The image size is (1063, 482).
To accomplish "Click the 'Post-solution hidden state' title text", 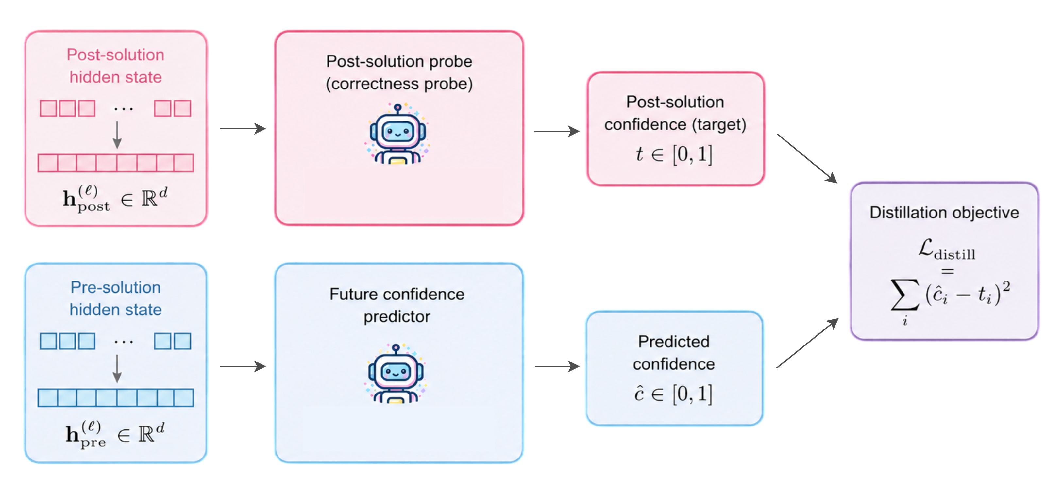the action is [115, 66].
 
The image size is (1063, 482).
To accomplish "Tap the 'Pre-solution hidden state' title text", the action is [115, 298].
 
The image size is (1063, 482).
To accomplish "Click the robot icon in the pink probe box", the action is [397, 134].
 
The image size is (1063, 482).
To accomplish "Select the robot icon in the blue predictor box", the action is [396, 373].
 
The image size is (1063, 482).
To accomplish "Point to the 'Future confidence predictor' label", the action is [397, 305].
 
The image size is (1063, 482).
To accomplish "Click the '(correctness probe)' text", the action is [399, 84].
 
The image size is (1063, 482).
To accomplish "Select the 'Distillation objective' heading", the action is [944, 212].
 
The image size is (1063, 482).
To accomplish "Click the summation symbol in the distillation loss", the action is [905, 295].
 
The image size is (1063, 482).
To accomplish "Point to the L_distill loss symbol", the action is [947, 249].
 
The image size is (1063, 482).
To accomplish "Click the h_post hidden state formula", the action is [115, 199].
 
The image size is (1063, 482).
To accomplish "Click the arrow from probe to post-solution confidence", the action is [557, 131].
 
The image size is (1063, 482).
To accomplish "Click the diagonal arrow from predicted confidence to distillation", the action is [808, 343].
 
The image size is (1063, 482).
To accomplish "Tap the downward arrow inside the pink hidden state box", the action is [117, 135].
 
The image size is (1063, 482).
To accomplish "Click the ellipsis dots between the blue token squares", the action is [123, 342].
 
